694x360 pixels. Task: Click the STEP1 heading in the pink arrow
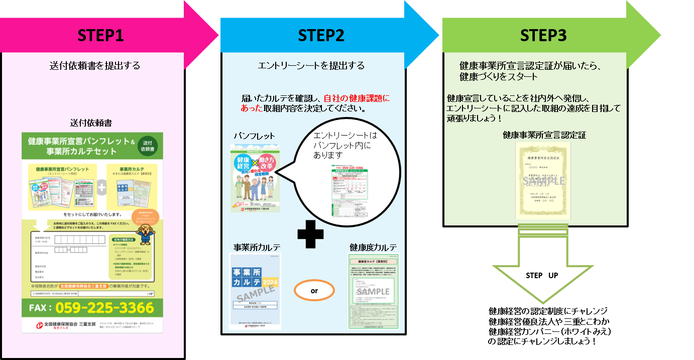pos(100,36)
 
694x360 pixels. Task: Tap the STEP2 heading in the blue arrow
pos(321,36)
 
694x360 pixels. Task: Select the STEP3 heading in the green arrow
pos(543,36)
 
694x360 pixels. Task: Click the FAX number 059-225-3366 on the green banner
pos(104,307)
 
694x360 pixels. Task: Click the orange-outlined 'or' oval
pos(314,291)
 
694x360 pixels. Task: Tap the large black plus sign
pos(310,235)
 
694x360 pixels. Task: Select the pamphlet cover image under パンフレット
pos(255,178)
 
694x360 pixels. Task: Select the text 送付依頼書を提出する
pos(95,66)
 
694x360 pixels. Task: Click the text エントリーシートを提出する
pos(311,66)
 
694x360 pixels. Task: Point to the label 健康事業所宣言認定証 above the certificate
pos(544,135)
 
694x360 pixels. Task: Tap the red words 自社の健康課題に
pos(357,99)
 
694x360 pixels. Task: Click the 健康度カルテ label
pos(373,248)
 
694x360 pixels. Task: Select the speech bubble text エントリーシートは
pos(344,136)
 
